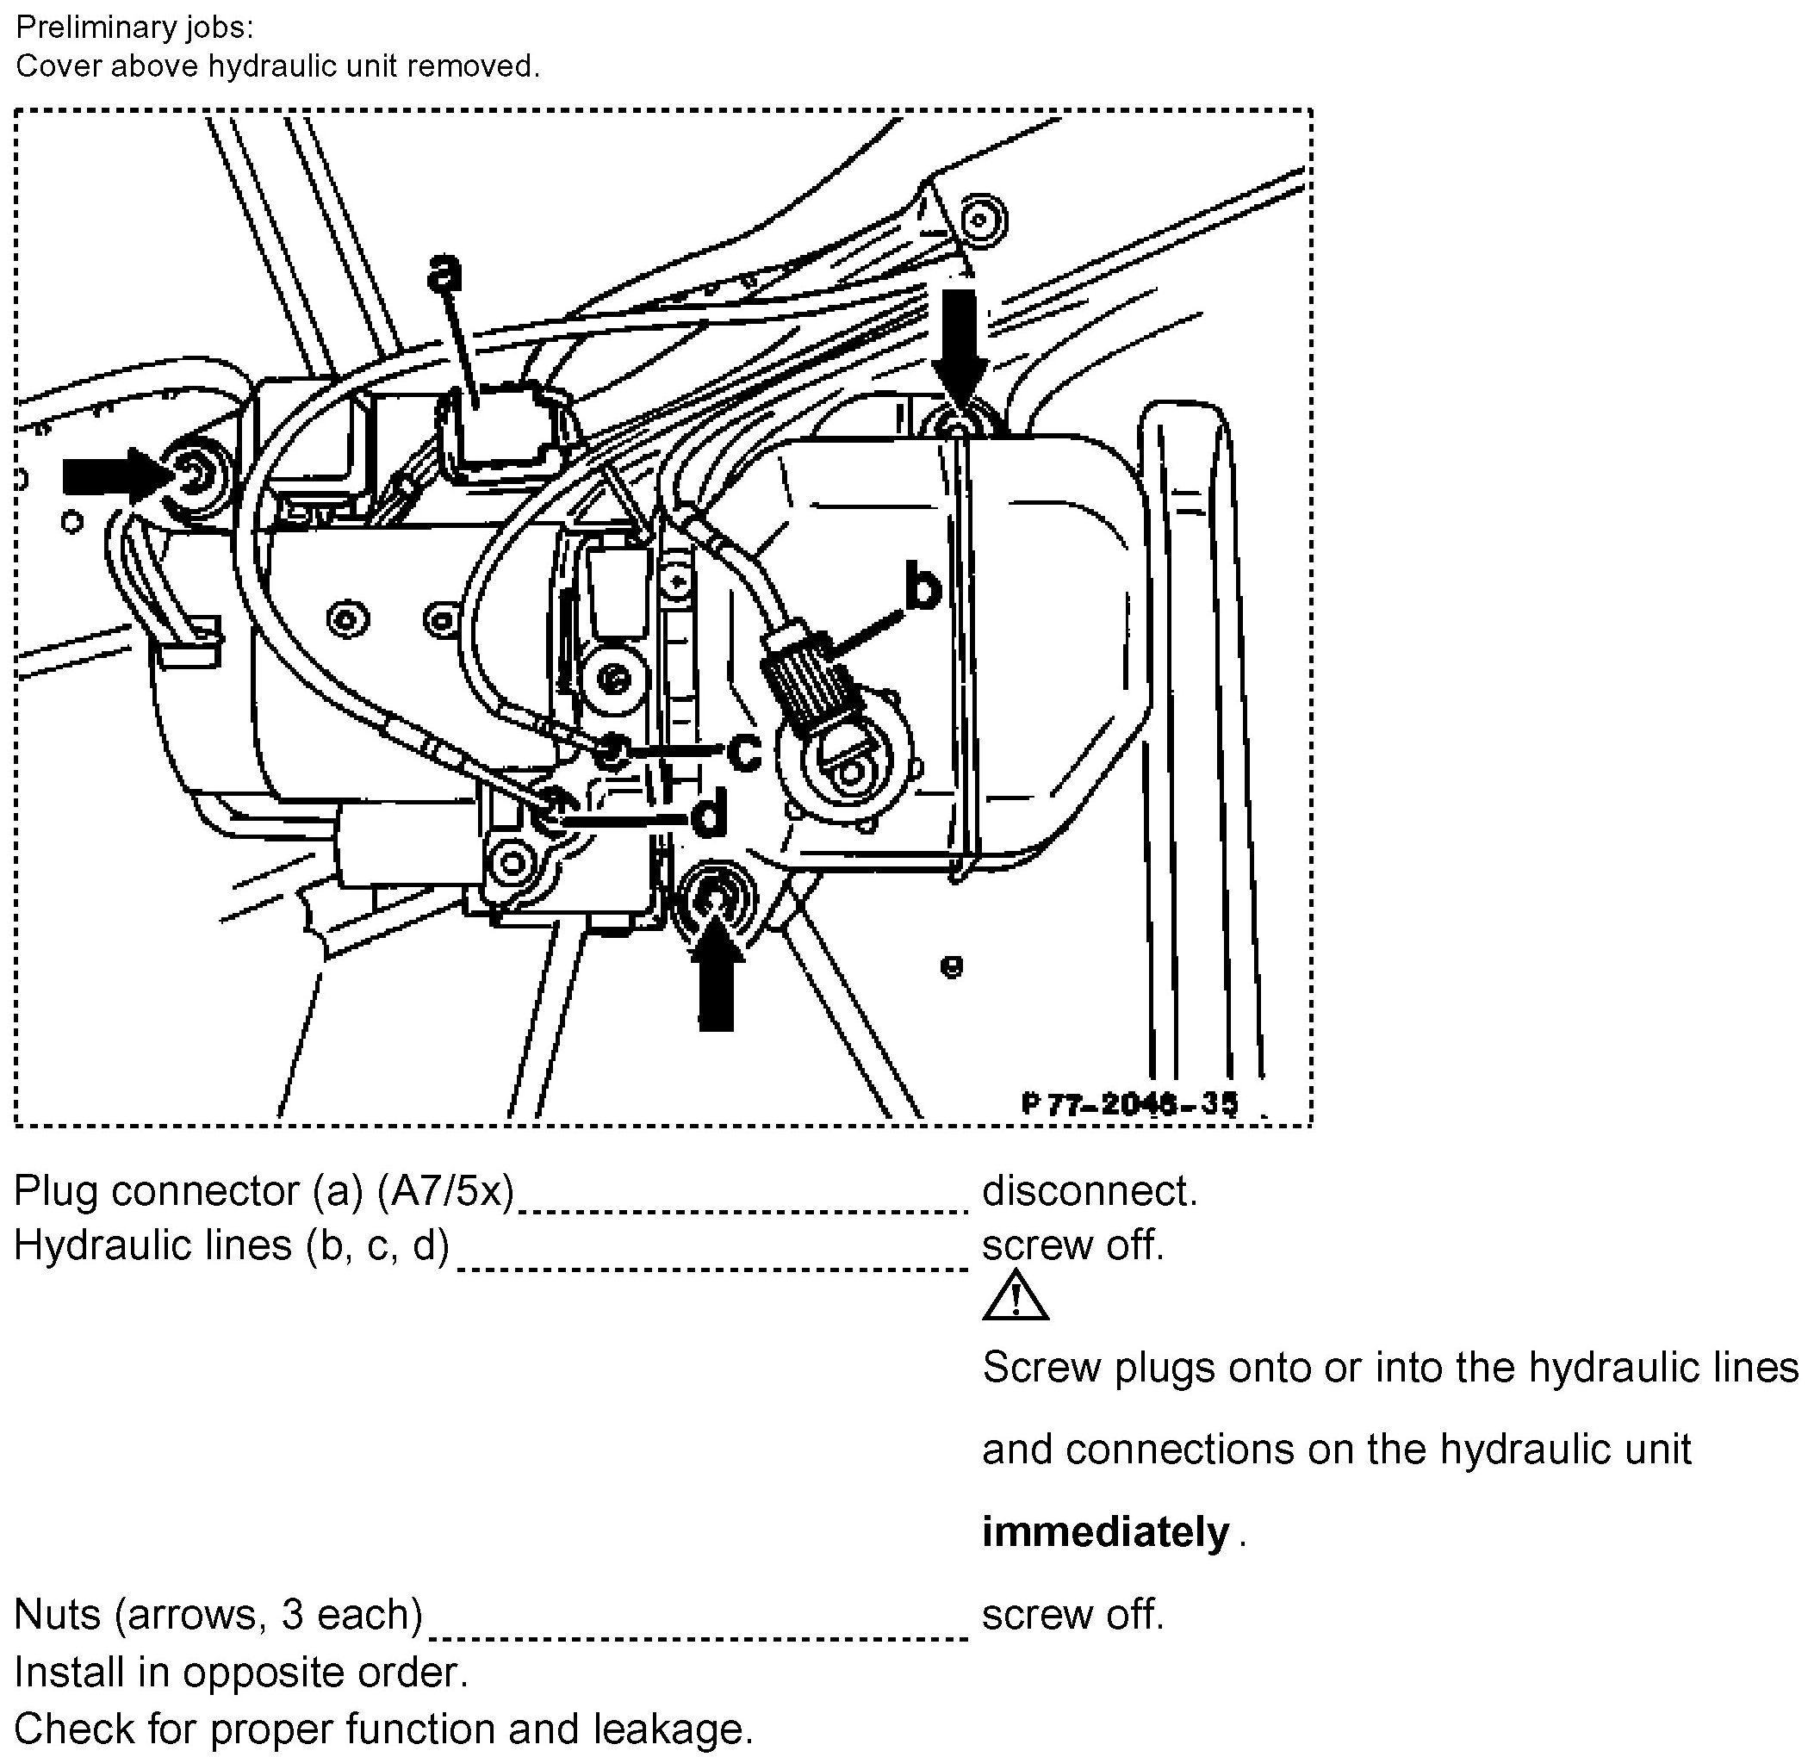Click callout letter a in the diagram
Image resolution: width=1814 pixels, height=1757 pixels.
(445, 271)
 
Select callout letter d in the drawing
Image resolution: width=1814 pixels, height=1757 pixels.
(709, 816)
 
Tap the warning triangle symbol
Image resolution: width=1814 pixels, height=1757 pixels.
(1015, 1296)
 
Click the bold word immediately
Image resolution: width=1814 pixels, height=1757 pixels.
(1105, 1532)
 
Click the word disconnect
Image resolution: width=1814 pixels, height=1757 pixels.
(1089, 1191)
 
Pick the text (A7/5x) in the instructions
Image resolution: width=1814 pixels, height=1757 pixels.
(445, 1191)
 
